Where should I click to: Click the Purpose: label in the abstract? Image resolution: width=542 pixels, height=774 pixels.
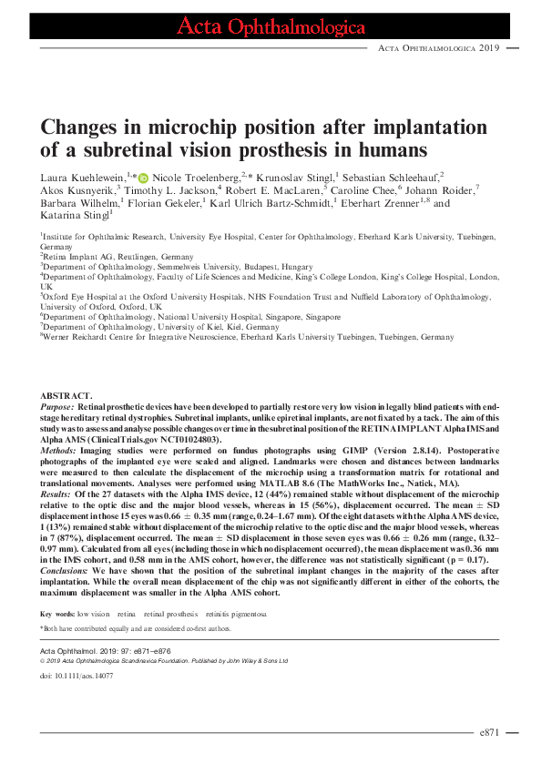[60, 406]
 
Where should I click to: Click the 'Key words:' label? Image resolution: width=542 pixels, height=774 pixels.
[57, 615]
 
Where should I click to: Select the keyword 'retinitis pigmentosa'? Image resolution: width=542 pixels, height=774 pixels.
[240, 615]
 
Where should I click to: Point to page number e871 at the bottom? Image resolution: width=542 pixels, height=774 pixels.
[488, 732]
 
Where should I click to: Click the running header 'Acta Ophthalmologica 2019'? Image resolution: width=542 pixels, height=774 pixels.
[438, 46]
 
